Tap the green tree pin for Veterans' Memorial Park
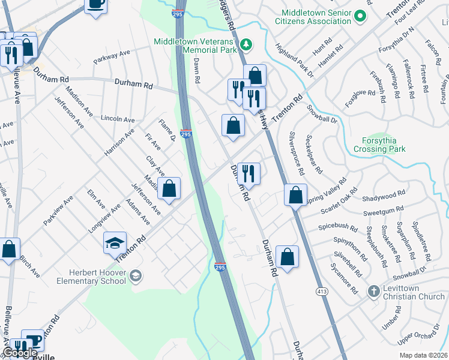pyautogui.click(x=245, y=44)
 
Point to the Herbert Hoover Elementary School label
pyautogui.click(x=91, y=276)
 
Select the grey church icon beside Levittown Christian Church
pyautogui.click(x=373, y=290)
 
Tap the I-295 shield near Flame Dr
pyautogui.click(x=186, y=134)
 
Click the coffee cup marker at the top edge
pyautogui.click(x=96, y=4)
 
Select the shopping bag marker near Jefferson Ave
pyautogui.click(x=169, y=188)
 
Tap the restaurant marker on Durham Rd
pyautogui.click(x=248, y=174)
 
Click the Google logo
pyautogui.click(x=20, y=353)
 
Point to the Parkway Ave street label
pyautogui.click(x=112, y=57)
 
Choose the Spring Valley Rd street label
pyautogui.click(x=326, y=190)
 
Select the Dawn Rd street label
pyautogui.click(x=196, y=70)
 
